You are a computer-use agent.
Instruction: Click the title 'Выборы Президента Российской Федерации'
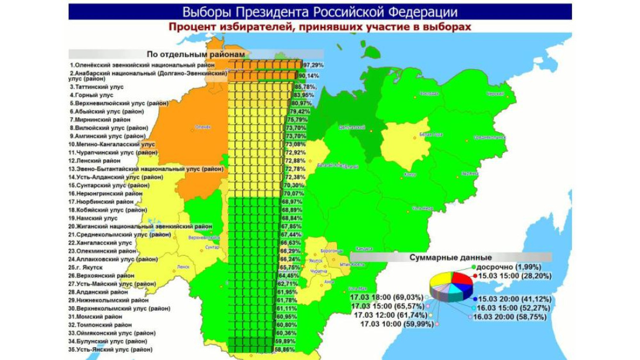point(320,12)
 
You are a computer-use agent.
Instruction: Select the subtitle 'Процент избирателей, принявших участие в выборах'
point(320,27)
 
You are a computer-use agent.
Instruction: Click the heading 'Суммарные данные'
point(450,257)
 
